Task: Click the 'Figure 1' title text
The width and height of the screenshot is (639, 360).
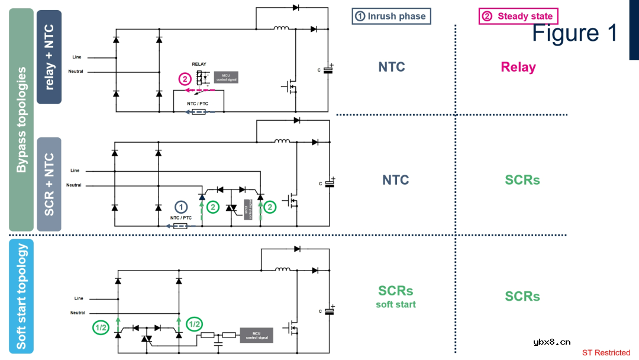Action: [575, 33]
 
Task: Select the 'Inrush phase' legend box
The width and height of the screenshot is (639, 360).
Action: [391, 16]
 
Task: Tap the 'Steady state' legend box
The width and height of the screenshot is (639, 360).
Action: [518, 16]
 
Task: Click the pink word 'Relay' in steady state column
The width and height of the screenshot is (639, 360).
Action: [518, 67]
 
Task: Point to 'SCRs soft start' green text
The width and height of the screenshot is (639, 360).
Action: [396, 297]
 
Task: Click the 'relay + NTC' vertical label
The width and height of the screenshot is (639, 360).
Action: [49, 57]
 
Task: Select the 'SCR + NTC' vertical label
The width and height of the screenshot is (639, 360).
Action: [49, 184]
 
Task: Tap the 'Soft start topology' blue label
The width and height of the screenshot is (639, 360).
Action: [21, 297]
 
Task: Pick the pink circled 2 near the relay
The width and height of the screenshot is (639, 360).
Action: [186, 79]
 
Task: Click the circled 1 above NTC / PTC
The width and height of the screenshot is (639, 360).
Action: [181, 207]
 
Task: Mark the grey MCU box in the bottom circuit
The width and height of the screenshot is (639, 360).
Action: [256, 336]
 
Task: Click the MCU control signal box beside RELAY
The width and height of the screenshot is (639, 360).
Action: [226, 77]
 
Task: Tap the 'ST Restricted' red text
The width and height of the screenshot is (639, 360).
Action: [606, 353]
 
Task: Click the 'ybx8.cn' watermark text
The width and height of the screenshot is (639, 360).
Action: [551, 342]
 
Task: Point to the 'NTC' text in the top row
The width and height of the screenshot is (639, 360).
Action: [392, 67]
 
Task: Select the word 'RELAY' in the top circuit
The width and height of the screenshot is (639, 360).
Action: [199, 64]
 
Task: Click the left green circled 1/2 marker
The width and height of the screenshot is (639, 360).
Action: [101, 327]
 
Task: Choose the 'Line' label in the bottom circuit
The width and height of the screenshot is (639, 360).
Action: [79, 298]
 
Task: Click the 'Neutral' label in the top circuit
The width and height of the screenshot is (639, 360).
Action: [76, 72]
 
